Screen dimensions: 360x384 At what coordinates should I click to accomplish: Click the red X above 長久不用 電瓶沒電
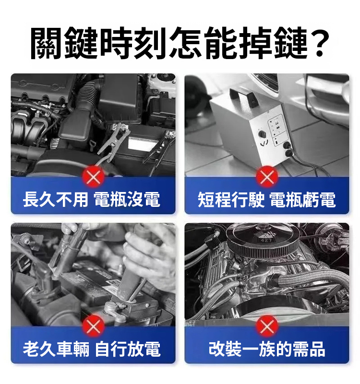(x=93, y=177)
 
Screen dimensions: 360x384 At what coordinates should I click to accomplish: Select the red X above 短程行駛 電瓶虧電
(x=267, y=177)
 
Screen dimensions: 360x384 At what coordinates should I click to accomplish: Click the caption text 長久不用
(x=55, y=200)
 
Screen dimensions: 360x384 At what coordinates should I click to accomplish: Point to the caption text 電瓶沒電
(x=127, y=200)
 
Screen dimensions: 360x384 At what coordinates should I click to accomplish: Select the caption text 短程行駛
(x=231, y=200)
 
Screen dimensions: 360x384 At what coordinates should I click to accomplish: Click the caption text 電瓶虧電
(x=303, y=200)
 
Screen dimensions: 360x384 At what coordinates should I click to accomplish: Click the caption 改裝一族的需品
(x=267, y=349)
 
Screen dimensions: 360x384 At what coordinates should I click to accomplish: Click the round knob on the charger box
(x=263, y=134)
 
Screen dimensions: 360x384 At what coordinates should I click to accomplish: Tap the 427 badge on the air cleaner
(x=266, y=240)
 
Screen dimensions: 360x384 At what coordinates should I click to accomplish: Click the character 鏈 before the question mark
(x=291, y=43)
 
